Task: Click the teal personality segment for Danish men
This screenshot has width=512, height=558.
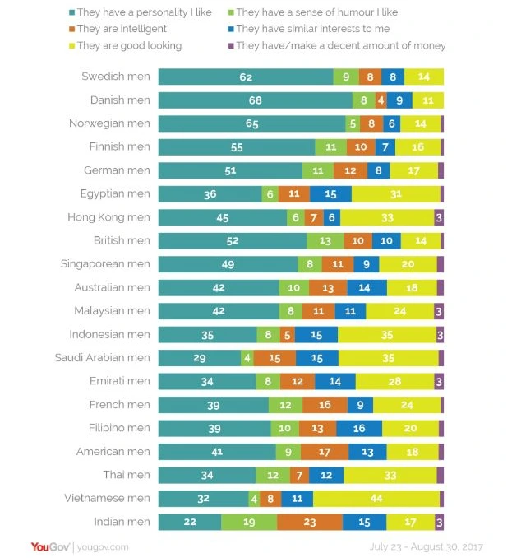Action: (255, 100)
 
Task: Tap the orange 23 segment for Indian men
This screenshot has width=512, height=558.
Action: (310, 522)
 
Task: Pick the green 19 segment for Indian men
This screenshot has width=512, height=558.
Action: (249, 522)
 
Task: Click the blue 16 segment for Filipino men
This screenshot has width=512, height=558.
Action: (358, 428)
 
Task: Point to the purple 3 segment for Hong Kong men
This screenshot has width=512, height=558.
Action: (439, 218)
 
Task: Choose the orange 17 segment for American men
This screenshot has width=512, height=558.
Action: (325, 452)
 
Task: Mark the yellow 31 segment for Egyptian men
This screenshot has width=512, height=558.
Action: (396, 194)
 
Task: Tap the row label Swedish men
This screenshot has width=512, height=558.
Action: (116, 77)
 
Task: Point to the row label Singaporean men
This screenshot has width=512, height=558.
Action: (105, 264)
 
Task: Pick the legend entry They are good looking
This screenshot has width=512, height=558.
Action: (131, 46)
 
